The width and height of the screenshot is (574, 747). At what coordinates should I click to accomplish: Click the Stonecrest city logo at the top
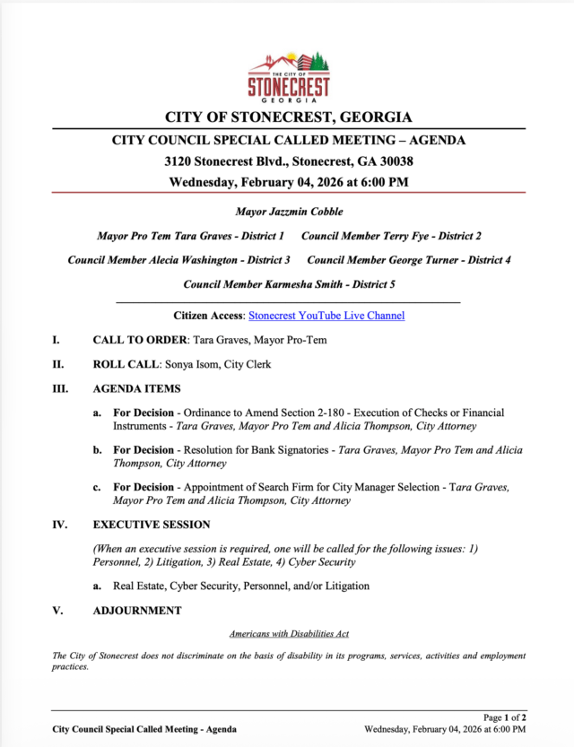pyautogui.click(x=289, y=75)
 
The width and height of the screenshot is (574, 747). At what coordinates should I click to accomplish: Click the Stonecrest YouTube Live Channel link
pyautogui.click(x=326, y=316)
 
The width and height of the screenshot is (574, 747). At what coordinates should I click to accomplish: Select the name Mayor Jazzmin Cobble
pyautogui.click(x=289, y=212)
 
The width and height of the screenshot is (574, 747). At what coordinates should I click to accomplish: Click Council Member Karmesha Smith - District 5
pyautogui.click(x=289, y=283)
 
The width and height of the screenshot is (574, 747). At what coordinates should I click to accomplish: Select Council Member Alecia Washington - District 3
pyautogui.click(x=178, y=259)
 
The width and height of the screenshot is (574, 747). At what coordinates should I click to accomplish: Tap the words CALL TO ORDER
pyautogui.click(x=139, y=341)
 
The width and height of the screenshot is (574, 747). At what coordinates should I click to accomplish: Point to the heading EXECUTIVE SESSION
pyautogui.click(x=152, y=525)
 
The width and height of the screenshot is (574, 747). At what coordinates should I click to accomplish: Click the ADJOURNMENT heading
pyautogui.click(x=137, y=611)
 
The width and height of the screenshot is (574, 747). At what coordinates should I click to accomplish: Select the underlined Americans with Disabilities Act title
pyautogui.click(x=289, y=633)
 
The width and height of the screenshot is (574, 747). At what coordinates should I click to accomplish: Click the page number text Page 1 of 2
pyautogui.click(x=505, y=717)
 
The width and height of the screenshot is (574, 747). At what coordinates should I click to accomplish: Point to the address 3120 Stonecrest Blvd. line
pyautogui.click(x=289, y=161)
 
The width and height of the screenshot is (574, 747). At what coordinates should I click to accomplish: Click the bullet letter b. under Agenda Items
pyautogui.click(x=97, y=450)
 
